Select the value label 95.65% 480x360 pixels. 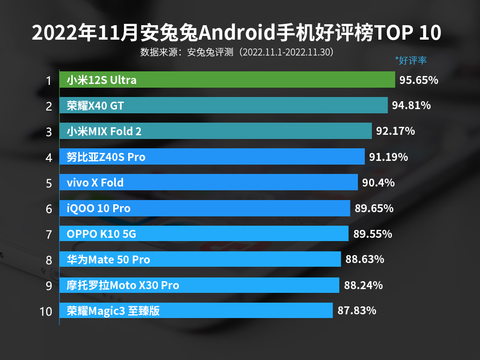(418, 80)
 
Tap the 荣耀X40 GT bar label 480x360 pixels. (95, 105)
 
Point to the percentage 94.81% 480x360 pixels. (411, 105)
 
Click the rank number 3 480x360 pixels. (48, 132)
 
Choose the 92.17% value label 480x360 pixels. (395, 131)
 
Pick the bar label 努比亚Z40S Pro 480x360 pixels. (106, 157)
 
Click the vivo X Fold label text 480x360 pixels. (95, 182)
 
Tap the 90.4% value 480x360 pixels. (378, 182)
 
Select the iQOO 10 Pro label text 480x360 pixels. (98, 208)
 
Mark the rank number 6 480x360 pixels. (48, 208)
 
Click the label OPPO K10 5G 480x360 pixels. (101, 234)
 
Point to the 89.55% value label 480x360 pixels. (372, 234)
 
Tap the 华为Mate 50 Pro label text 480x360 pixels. (108, 259)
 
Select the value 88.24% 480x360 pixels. (363, 285)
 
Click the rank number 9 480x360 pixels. (48, 285)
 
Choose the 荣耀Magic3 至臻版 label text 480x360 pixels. (113, 311)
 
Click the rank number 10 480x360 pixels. (46, 311)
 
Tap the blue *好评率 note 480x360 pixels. (411, 60)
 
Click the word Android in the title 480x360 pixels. (235, 33)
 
